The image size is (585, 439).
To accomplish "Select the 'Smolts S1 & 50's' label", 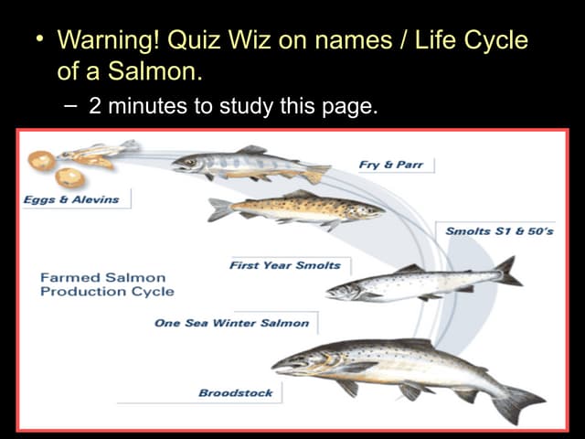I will tap(499, 231).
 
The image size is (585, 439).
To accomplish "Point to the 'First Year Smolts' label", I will tap(285, 265).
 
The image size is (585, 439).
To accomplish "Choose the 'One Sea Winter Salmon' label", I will tap(232, 323).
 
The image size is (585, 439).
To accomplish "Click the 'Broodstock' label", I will tap(236, 392).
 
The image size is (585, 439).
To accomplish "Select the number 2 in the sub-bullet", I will tap(95, 106).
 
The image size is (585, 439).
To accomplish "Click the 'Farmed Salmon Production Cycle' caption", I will tap(106, 284).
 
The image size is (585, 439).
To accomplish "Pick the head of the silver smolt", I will tap(342, 292).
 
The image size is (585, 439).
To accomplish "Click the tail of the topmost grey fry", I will tap(316, 172).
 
